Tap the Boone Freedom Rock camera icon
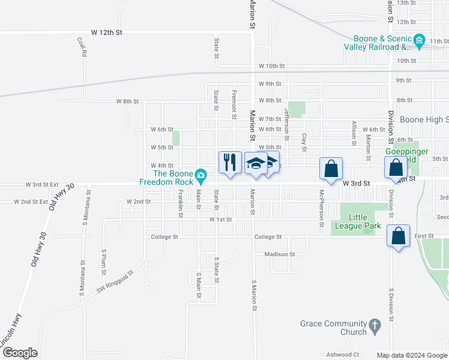point(202,176)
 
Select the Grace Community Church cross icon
point(375,326)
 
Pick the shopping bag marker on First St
point(399,236)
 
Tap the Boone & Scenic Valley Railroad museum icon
point(419,43)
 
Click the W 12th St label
point(107,32)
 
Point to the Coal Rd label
point(82,47)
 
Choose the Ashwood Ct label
point(343,355)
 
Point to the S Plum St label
point(104,260)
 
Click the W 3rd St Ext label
point(42,185)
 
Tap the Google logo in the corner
point(20,353)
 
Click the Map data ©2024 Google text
point(412,355)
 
